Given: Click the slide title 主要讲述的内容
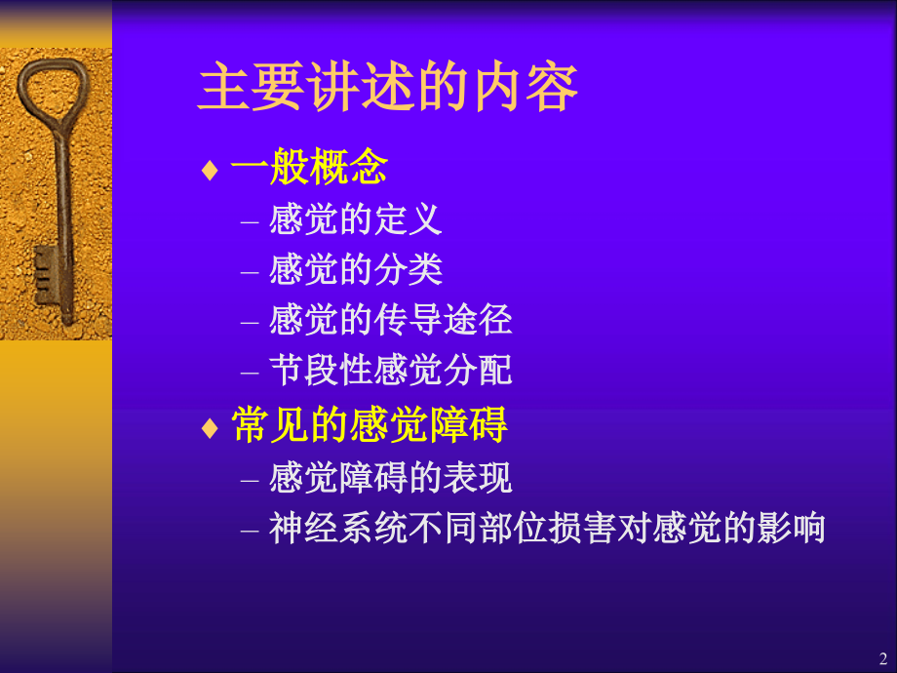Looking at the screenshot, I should click(x=388, y=88).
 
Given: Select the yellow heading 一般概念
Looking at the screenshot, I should click(x=309, y=169).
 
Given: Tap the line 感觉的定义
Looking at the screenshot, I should click(x=355, y=218).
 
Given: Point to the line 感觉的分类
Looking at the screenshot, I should click(x=355, y=269).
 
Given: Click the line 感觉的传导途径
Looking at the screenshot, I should click(x=390, y=320).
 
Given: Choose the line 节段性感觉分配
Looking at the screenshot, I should click(x=390, y=371).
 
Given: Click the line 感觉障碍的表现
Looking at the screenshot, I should click(x=390, y=478).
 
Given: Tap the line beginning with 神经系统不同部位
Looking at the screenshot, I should click(x=547, y=529).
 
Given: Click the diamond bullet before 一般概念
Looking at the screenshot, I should click(x=209, y=171).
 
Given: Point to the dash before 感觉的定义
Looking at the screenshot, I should click(x=250, y=220).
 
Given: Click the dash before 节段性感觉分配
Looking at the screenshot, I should click(x=250, y=372).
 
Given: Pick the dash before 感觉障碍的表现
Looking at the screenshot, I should click(x=250, y=479).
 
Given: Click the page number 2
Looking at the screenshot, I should click(x=882, y=656).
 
